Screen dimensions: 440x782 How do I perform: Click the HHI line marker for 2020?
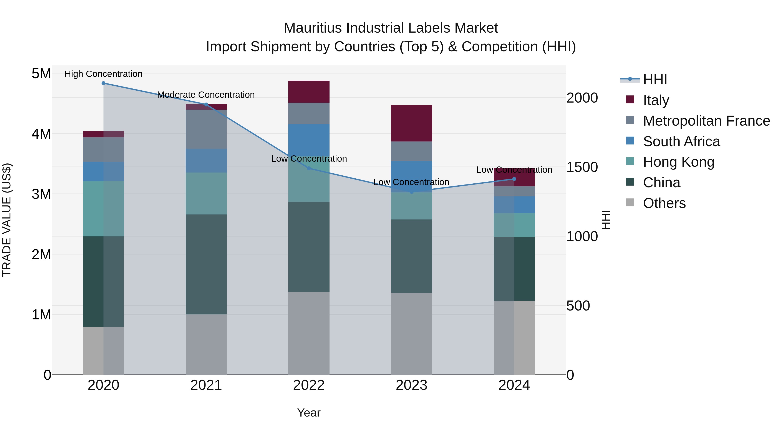[x=104, y=83]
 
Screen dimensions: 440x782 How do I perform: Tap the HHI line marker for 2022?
[x=309, y=168]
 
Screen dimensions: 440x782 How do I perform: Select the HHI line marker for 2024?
[x=514, y=179]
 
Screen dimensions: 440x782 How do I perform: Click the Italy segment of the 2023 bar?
[x=411, y=123]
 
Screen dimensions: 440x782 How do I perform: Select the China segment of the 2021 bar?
[x=206, y=264]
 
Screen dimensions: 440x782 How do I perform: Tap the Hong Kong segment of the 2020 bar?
[x=104, y=209]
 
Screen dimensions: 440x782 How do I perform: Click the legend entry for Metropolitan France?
[x=706, y=121]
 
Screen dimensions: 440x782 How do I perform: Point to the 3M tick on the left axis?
[x=41, y=194]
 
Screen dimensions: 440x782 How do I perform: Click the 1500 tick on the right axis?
[x=582, y=167]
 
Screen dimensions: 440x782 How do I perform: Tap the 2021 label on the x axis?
[x=206, y=385]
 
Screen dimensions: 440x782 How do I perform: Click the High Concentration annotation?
[x=104, y=74]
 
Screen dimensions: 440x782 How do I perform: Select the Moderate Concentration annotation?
[x=206, y=95]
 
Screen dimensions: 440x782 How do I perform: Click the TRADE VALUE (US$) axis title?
[x=7, y=220]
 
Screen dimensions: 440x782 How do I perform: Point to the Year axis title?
[x=309, y=413]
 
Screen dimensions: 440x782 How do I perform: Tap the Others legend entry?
[x=664, y=203]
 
